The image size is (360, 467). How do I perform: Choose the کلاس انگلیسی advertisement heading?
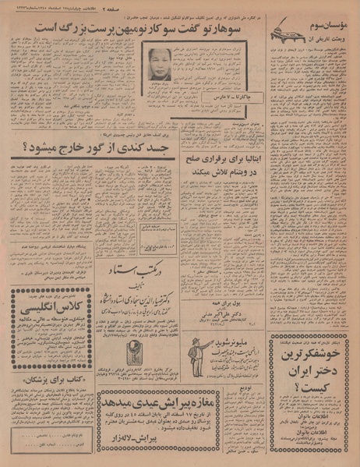pos(43,310)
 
